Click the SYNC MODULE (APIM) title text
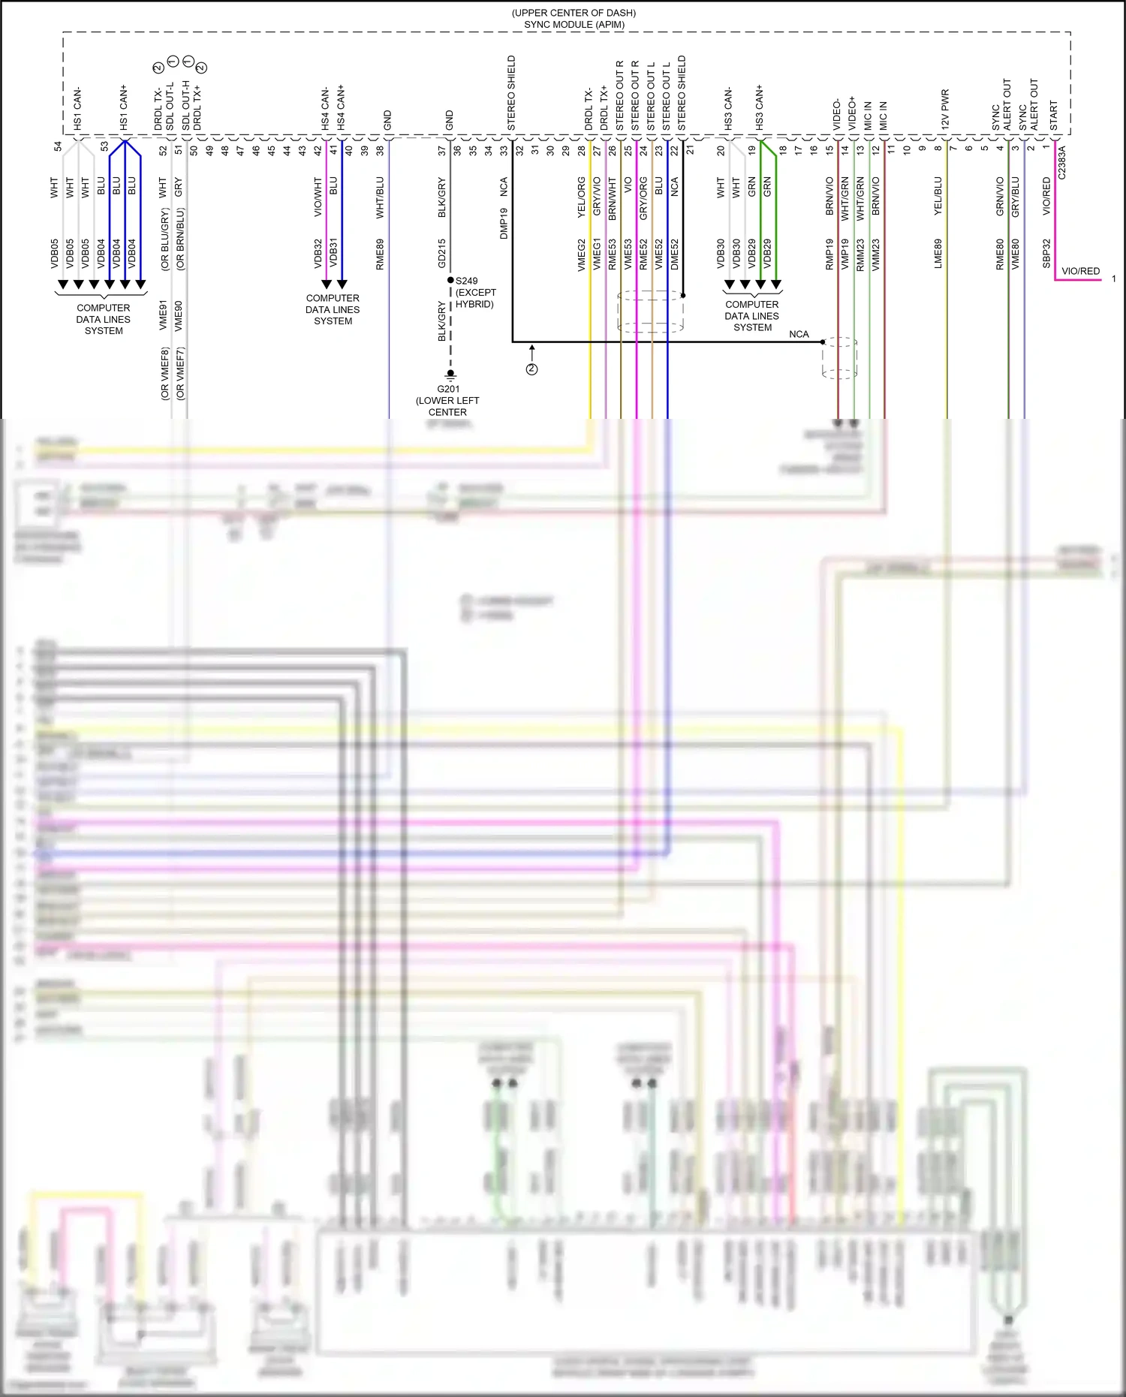tap(574, 25)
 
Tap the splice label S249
tap(466, 281)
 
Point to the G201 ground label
tap(448, 389)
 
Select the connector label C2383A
tap(1061, 162)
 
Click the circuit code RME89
tap(380, 254)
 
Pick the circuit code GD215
tap(442, 254)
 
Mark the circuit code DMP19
tap(504, 223)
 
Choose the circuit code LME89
tap(938, 254)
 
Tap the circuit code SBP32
tap(1046, 254)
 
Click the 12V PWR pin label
tap(945, 110)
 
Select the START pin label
tap(1053, 116)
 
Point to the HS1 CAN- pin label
tap(78, 109)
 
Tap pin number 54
tap(58, 146)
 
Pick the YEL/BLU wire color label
tap(938, 197)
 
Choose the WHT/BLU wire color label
tap(380, 197)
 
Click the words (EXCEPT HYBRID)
tap(475, 298)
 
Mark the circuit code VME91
tap(163, 315)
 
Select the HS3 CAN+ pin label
tap(759, 107)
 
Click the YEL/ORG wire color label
tap(581, 197)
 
